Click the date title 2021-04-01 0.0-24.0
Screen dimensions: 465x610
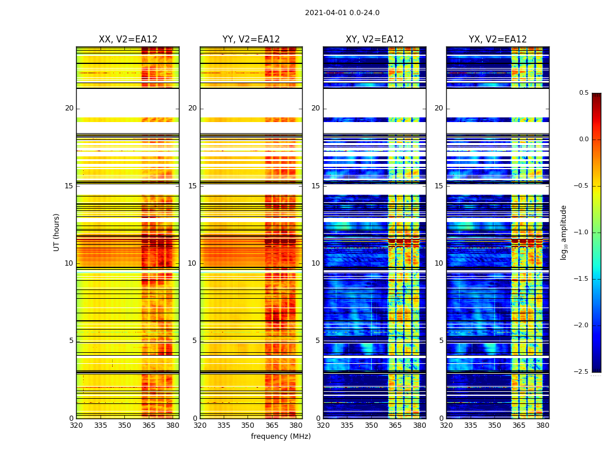tap(342, 13)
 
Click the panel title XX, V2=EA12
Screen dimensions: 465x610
tap(128, 40)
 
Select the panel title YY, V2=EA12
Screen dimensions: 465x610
tap(251, 40)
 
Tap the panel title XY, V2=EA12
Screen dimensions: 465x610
tap(375, 40)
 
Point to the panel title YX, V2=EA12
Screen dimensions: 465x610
tap(498, 40)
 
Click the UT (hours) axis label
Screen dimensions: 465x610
tap(57, 232)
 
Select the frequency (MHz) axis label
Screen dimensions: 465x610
tap(281, 437)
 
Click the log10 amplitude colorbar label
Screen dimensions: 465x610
tap(564, 232)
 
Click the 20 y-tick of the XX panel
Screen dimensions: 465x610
tap(69, 108)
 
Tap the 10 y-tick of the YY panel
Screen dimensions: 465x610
tap(192, 263)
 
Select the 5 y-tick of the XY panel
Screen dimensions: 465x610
tap(318, 341)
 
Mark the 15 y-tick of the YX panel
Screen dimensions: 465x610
tap(439, 186)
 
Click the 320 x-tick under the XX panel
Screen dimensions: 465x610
tap(76, 425)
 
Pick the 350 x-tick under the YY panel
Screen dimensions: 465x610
tap(248, 425)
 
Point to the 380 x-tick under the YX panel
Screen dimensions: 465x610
tap(543, 425)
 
